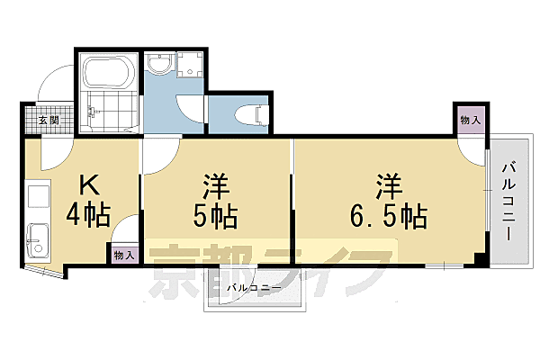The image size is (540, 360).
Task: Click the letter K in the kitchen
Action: [89, 185]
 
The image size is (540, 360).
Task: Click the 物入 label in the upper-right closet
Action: [469, 120]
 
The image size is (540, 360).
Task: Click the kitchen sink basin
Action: [38, 239]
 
